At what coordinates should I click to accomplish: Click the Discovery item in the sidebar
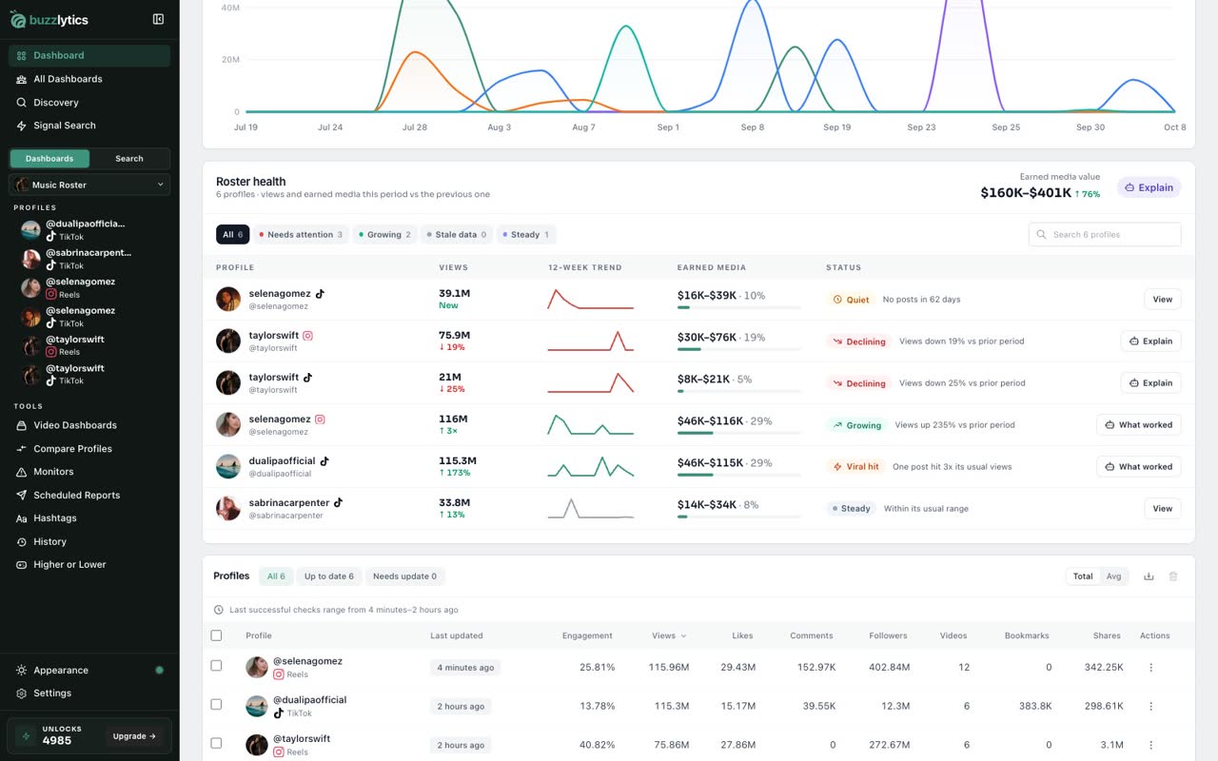[55, 102]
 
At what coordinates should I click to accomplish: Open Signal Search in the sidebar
[64, 126]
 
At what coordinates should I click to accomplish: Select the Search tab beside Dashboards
[128, 159]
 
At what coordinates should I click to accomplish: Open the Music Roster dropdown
[89, 185]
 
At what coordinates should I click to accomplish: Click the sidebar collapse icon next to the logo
[158, 20]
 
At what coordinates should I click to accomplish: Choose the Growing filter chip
[383, 234]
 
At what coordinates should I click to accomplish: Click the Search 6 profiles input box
[1105, 234]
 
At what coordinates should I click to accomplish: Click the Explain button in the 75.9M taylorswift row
[1150, 341]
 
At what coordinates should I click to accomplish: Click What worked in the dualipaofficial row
[1139, 466]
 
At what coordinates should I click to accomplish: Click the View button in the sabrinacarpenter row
[1162, 508]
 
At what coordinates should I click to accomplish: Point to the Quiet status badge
[851, 300]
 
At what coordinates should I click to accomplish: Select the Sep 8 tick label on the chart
[752, 127]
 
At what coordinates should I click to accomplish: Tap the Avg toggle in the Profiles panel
[1113, 576]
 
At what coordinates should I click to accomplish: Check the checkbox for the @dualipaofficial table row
[216, 705]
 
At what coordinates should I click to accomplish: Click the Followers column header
[888, 635]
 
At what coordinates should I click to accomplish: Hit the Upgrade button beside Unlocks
[134, 736]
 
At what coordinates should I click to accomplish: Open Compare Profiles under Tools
[72, 448]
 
